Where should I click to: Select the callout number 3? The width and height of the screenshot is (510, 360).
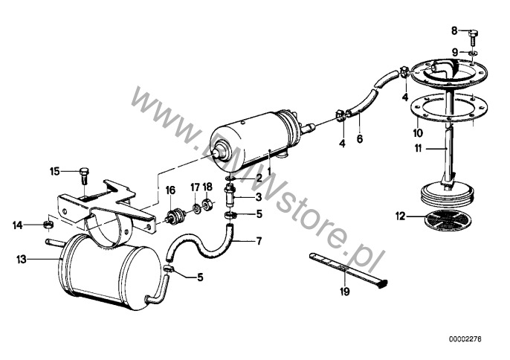click(x=259, y=197)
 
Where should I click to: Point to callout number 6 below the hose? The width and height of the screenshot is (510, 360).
click(x=361, y=138)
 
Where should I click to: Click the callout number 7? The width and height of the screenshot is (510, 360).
click(x=259, y=241)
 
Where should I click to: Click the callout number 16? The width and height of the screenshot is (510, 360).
click(x=170, y=190)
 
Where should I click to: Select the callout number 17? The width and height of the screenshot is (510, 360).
click(x=195, y=186)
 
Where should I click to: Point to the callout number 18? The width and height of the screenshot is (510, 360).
click(x=207, y=186)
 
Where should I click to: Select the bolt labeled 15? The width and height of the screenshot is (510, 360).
click(x=83, y=176)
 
